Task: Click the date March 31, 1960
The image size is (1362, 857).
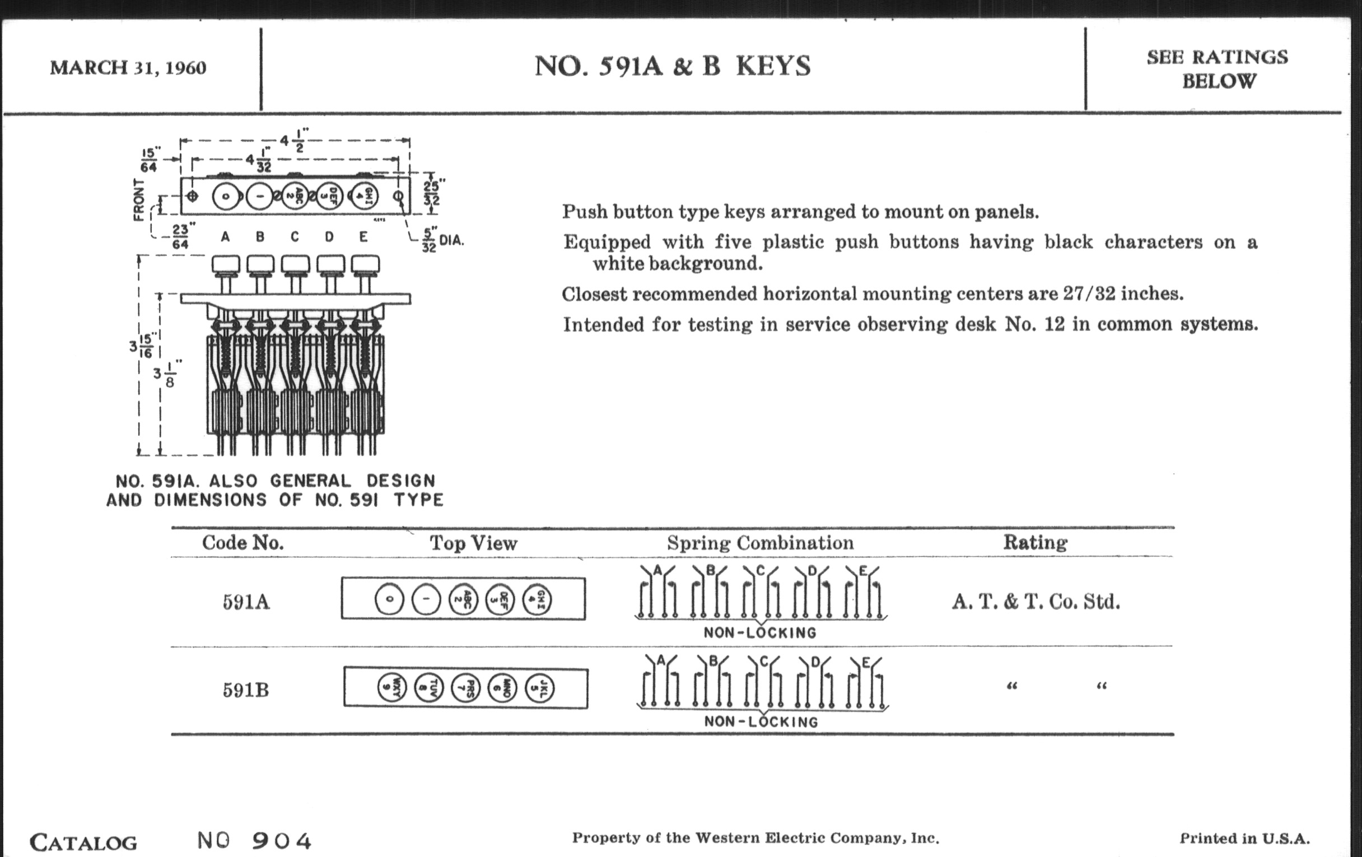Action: (x=128, y=68)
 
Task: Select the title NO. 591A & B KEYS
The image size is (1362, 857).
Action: (x=673, y=66)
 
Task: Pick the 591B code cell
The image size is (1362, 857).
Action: (x=245, y=690)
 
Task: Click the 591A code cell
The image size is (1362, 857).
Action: (x=245, y=602)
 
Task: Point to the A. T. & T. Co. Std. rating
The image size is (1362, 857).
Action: (x=1035, y=602)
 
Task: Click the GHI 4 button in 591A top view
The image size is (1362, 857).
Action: (x=537, y=599)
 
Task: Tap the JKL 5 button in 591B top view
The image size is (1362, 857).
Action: (x=539, y=688)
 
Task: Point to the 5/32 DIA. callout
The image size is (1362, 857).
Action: (x=443, y=240)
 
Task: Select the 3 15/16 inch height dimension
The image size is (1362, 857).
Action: (x=141, y=346)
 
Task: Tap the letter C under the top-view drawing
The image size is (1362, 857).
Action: (x=295, y=237)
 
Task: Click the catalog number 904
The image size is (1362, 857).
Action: (x=281, y=841)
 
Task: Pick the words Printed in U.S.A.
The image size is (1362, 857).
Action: (x=1244, y=839)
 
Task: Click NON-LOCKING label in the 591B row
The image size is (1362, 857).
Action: (x=761, y=722)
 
